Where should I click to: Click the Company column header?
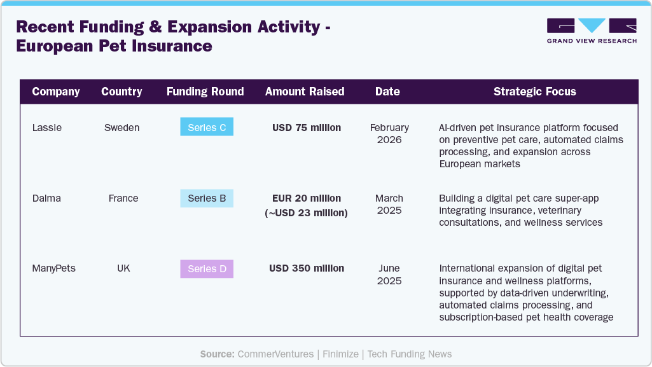click(x=56, y=92)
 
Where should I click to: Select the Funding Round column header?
click(x=205, y=92)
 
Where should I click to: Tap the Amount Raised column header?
click(x=305, y=92)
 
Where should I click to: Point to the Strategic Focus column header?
click(x=534, y=92)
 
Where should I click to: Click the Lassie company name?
click(x=47, y=128)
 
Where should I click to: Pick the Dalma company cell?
click(x=47, y=198)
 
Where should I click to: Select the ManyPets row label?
click(x=53, y=268)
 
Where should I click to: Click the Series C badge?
click(x=207, y=127)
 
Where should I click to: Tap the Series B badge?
click(x=207, y=198)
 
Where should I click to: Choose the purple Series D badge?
click(x=207, y=268)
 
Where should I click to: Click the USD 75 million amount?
click(x=307, y=128)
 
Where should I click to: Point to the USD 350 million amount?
click(x=307, y=268)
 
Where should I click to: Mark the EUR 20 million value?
click(x=307, y=198)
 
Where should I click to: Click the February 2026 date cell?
click(x=389, y=134)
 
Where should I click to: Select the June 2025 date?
click(x=389, y=274)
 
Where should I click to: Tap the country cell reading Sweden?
click(x=122, y=128)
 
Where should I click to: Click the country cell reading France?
click(x=123, y=198)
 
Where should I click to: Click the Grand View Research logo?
click(x=592, y=31)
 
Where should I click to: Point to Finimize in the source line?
click(x=342, y=354)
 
